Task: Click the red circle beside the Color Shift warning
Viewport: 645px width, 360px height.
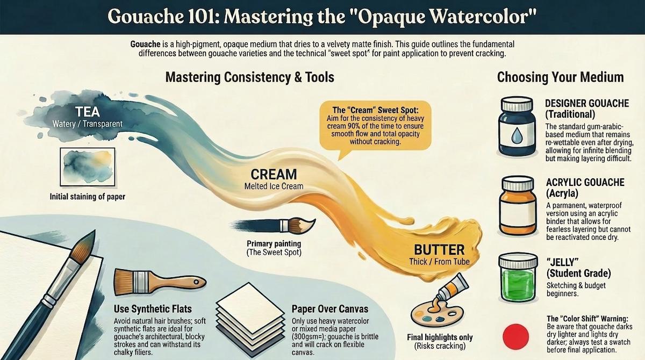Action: pos(515,336)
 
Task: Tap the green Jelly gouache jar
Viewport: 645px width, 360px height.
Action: pos(518,277)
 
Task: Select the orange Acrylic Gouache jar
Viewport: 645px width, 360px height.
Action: pos(518,205)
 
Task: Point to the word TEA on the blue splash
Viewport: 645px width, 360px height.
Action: pos(87,112)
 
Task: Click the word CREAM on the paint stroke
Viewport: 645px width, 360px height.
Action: pos(274,174)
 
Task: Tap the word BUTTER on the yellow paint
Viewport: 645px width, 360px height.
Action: pos(439,250)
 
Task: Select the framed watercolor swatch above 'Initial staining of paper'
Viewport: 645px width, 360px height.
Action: pos(87,167)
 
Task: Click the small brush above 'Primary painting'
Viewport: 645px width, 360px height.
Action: pos(274,225)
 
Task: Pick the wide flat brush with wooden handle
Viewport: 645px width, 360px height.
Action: pos(160,282)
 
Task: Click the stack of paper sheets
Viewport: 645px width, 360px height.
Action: pos(250,321)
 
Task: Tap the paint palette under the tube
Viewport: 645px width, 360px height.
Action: pos(437,316)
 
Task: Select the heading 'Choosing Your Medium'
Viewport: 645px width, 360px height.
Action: pos(560,77)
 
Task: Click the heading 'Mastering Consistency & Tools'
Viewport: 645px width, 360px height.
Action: pos(249,77)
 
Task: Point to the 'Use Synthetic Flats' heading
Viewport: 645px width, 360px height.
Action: pos(153,309)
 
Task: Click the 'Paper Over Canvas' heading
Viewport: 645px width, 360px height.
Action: pos(330,309)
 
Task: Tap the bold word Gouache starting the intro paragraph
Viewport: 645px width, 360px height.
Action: pos(145,44)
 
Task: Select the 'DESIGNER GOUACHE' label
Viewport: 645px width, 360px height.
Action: pos(587,103)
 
